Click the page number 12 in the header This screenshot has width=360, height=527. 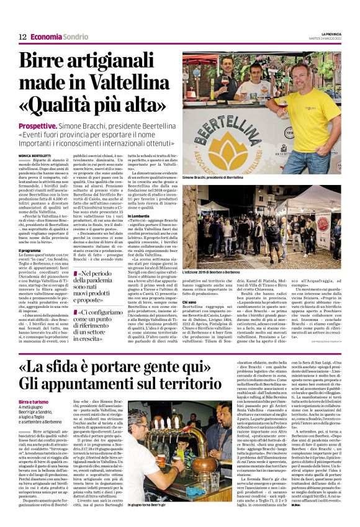[x=22, y=37]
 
